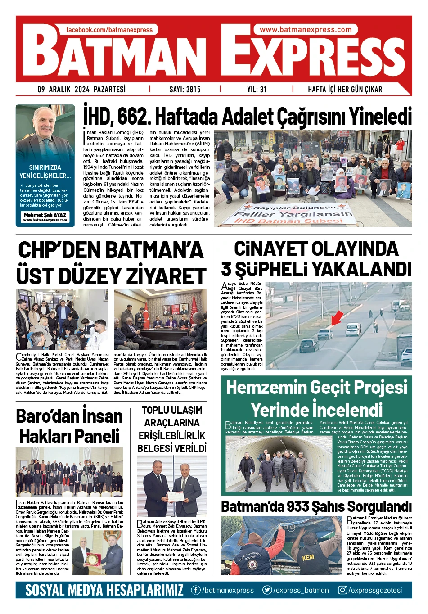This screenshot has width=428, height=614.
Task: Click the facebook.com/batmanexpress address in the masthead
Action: coord(110,30)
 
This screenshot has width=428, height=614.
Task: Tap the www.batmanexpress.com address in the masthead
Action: coord(306,30)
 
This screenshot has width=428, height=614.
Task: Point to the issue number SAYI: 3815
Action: coord(185,89)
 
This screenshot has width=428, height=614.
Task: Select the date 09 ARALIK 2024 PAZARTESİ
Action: coord(82,89)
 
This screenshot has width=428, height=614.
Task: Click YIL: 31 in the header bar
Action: coord(257,89)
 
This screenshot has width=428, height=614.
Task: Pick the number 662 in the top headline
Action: coord(133,117)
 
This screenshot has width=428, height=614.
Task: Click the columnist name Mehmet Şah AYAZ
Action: coord(45,215)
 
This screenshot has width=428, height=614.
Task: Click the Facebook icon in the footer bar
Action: coord(196,590)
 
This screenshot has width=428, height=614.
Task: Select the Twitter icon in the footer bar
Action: coord(267,590)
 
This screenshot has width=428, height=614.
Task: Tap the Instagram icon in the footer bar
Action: coord(343,590)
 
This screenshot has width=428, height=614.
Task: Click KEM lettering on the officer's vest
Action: coord(308,557)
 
